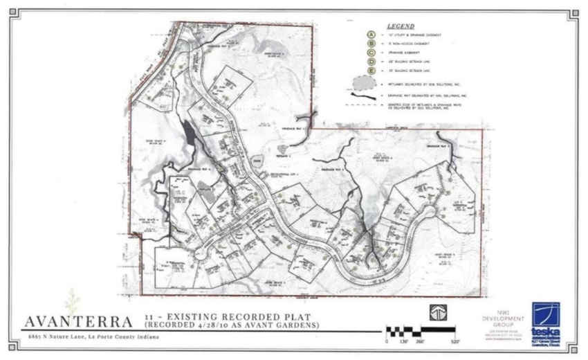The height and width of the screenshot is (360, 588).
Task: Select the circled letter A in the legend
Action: [x=371, y=35]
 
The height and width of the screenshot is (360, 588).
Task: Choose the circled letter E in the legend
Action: [x=371, y=71]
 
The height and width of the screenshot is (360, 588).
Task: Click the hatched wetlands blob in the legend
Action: [x=363, y=84]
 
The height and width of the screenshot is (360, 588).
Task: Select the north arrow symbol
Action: [x=439, y=312]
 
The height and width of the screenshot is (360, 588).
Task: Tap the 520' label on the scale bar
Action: [x=456, y=341]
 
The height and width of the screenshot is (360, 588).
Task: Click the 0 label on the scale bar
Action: [x=387, y=341]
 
